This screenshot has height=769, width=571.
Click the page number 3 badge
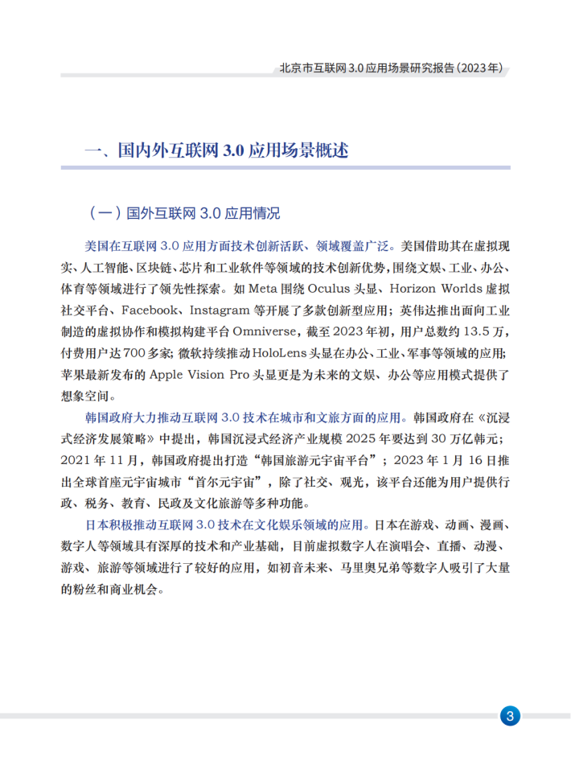click(511, 716)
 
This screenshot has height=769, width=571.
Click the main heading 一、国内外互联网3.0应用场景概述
click(216, 150)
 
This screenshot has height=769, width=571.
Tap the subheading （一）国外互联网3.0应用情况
click(183, 213)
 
